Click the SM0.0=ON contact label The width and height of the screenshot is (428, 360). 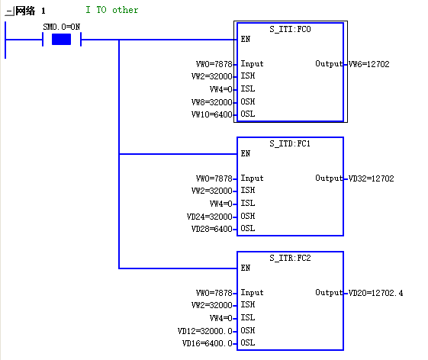pyautogui.click(x=62, y=27)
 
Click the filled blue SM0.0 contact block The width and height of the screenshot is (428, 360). pyautogui.click(x=62, y=40)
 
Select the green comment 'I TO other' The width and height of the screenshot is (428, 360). pyautogui.click(x=112, y=10)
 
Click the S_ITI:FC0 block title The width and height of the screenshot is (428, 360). pyautogui.click(x=290, y=29)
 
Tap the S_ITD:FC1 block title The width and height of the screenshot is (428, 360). pyautogui.click(x=290, y=143)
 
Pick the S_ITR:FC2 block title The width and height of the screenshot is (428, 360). pyautogui.click(x=290, y=258)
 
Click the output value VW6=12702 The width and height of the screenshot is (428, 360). pyautogui.click(x=368, y=64)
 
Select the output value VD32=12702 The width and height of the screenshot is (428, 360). pyautogui.click(x=371, y=178)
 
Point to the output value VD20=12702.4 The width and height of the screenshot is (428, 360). pyautogui.click(x=375, y=293)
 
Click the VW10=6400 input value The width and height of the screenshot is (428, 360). pyautogui.click(x=212, y=114)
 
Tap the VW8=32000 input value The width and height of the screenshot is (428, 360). pyautogui.click(x=212, y=102)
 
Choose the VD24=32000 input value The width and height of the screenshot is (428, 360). pyautogui.click(x=210, y=217)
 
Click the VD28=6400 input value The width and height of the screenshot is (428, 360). pyautogui.click(x=212, y=229)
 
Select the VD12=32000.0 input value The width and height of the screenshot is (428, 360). pyautogui.click(x=205, y=331)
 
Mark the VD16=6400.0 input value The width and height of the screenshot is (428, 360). pyautogui.click(x=208, y=343)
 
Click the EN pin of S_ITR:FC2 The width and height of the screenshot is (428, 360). pyautogui.click(x=246, y=268)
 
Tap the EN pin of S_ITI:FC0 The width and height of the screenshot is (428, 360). pyautogui.click(x=246, y=40)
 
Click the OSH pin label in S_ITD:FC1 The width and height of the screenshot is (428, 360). pyautogui.click(x=248, y=216)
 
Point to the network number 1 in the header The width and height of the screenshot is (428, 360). pyautogui.click(x=43, y=11)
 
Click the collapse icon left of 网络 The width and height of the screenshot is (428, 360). pyautogui.click(x=10, y=11)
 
